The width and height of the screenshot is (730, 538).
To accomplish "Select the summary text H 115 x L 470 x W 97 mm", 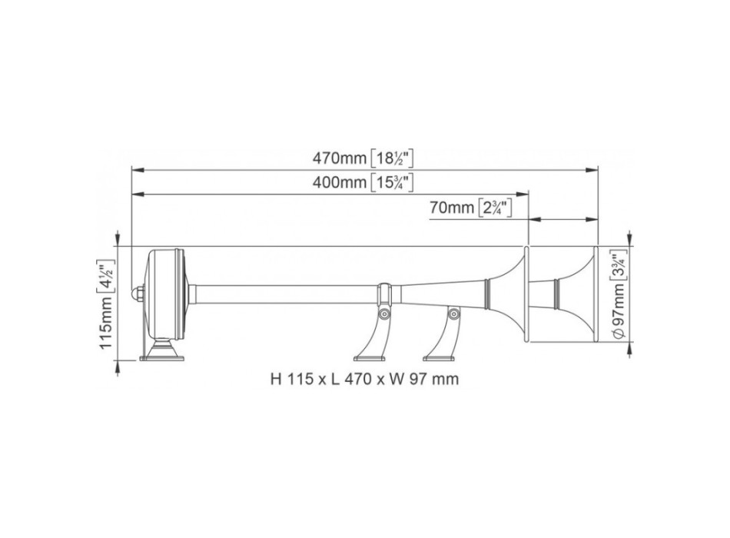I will pos(365,379).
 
